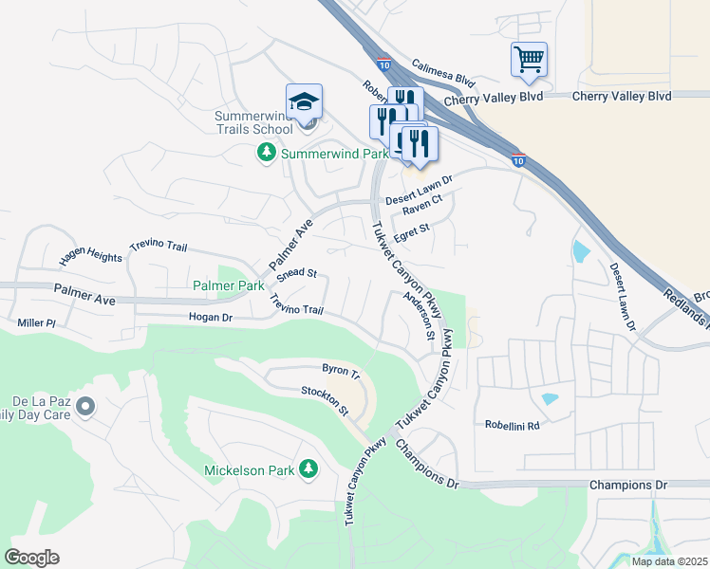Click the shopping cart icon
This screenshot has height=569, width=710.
(529, 60)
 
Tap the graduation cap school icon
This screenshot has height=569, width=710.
(305, 101)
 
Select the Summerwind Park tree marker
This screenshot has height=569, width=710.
(268, 153)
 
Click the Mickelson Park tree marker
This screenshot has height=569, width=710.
(308, 468)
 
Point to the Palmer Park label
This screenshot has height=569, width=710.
(228, 285)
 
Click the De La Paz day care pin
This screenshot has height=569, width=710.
(85, 407)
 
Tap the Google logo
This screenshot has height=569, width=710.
(31, 558)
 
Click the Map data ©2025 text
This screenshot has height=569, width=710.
(669, 561)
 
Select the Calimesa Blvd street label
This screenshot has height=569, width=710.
(442, 72)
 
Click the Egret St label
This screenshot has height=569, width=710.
(412, 228)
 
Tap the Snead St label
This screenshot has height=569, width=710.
(296, 272)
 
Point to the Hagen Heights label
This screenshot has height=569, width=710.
(90, 257)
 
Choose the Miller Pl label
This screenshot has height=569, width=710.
(37, 323)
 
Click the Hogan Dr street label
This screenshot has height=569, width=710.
(211, 319)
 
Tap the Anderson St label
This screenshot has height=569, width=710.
(419, 315)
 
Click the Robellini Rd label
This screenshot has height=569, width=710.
(512, 426)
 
